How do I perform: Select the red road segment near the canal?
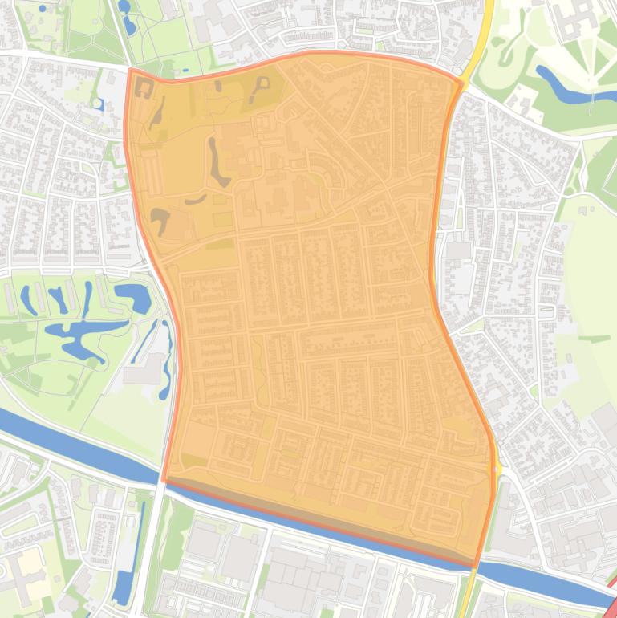click(611, 590)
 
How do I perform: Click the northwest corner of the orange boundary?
click(129, 70)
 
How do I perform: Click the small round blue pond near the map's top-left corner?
click(42, 7)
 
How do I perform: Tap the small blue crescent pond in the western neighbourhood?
click(98, 104)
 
